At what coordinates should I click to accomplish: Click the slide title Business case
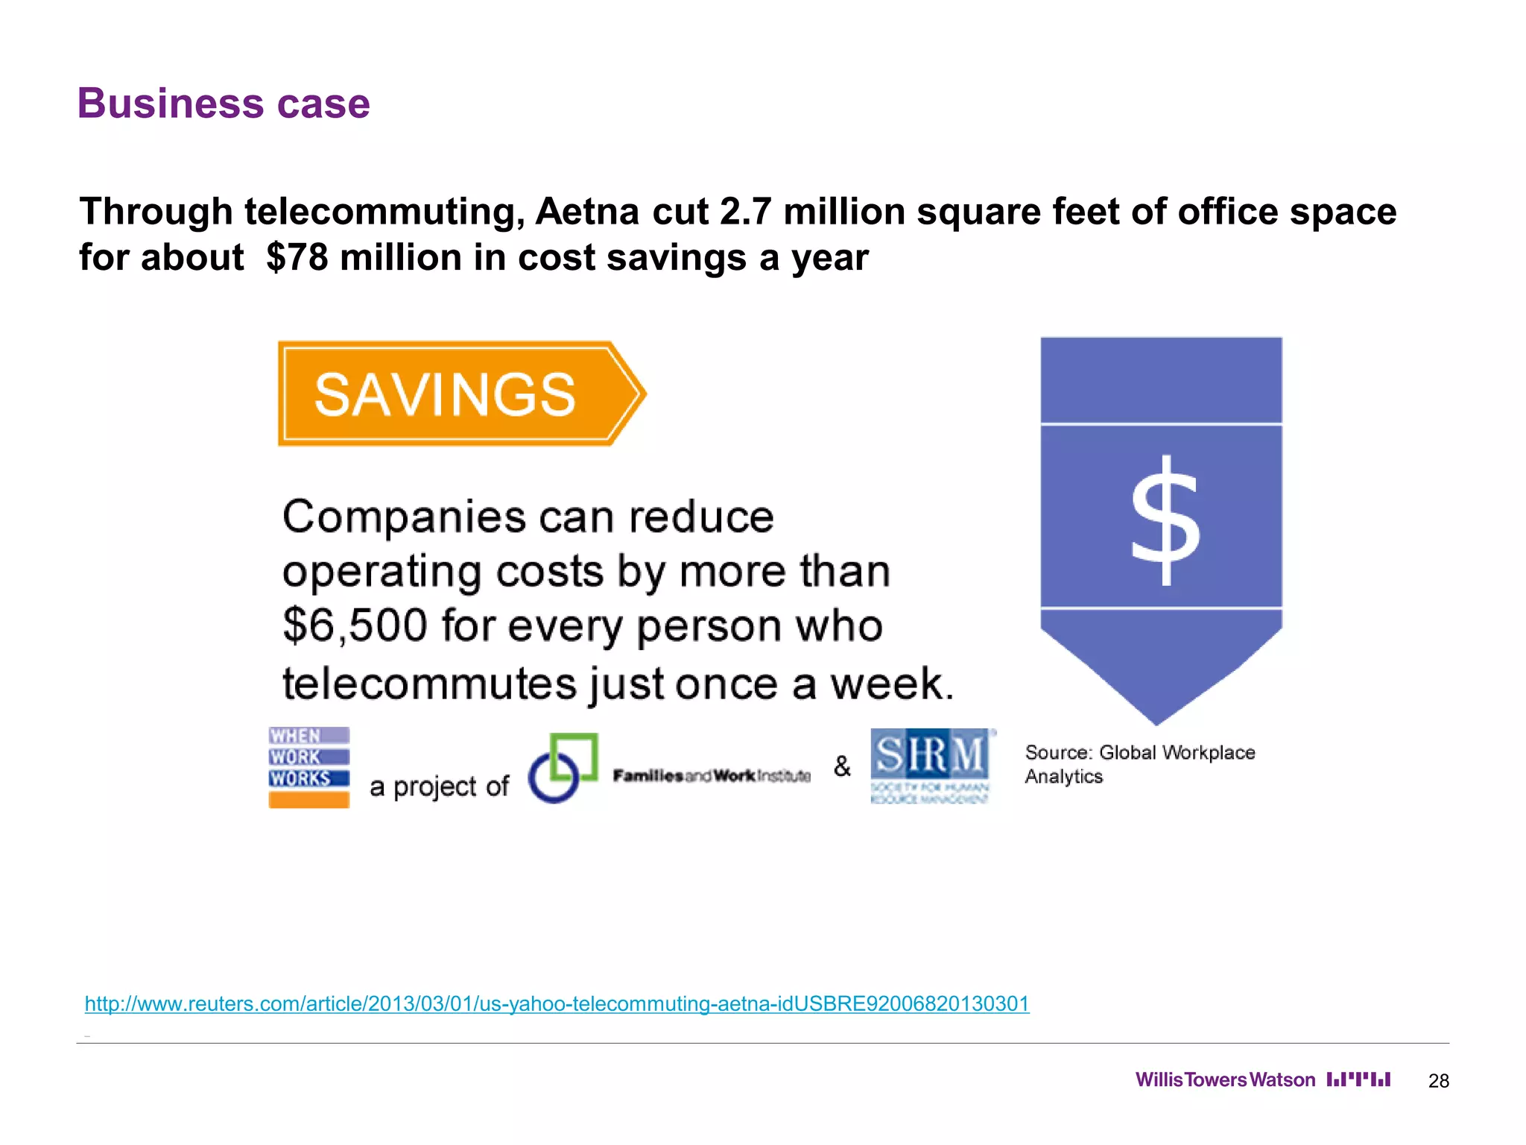point(224,103)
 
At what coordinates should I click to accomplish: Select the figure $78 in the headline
point(297,258)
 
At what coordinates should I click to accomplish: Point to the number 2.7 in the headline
point(744,212)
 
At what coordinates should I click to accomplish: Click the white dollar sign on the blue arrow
point(1165,520)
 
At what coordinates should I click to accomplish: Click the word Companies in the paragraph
point(405,517)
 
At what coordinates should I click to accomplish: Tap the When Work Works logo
point(308,767)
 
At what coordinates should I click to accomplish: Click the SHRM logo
point(931,766)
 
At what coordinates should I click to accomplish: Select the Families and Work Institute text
point(712,776)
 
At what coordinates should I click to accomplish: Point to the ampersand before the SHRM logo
point(842,766)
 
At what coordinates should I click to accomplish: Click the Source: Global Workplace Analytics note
point(1139,764)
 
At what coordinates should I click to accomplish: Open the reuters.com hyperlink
point(557,1003)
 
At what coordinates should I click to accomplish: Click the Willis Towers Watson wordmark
point(1225,1080)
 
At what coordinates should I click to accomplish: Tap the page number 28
point(1438,1081)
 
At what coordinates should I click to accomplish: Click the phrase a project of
point(439,786)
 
